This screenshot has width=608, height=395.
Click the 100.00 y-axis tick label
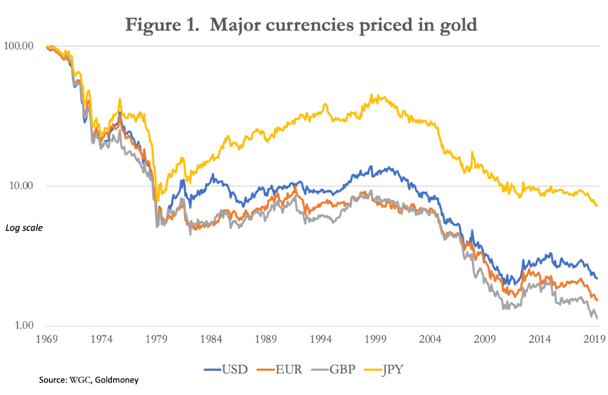pyautogui.click(x=19, y=45)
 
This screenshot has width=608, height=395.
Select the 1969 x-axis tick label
pyautogui.click(x=47, y=339)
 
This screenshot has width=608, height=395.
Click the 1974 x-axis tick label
pyautogui.click(x=101, y=339)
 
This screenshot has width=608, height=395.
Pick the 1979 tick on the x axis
pyautogui.click(x=156, y=339)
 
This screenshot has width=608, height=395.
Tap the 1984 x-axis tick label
pyautogui.click(x=211, y=339)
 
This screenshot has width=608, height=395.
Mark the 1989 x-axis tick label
pyautogui.click(x=266, y=339)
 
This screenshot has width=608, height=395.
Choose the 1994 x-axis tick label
pyautogui.click(x=320, y=339)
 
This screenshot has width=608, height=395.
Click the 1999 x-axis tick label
pyautogui.click(x=376, y=339)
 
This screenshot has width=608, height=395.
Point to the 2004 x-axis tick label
pyautogui.click(x=430, y=339)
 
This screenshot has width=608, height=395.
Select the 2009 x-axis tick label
pyautogui.click(x=485, y=339)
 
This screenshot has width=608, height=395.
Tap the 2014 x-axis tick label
pyautogui.click(x=540, y=339)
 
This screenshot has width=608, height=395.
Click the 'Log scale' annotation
pyautogui.click(x=24, y=228)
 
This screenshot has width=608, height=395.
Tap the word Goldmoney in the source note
pyautogui.click(x=118, y=380)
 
